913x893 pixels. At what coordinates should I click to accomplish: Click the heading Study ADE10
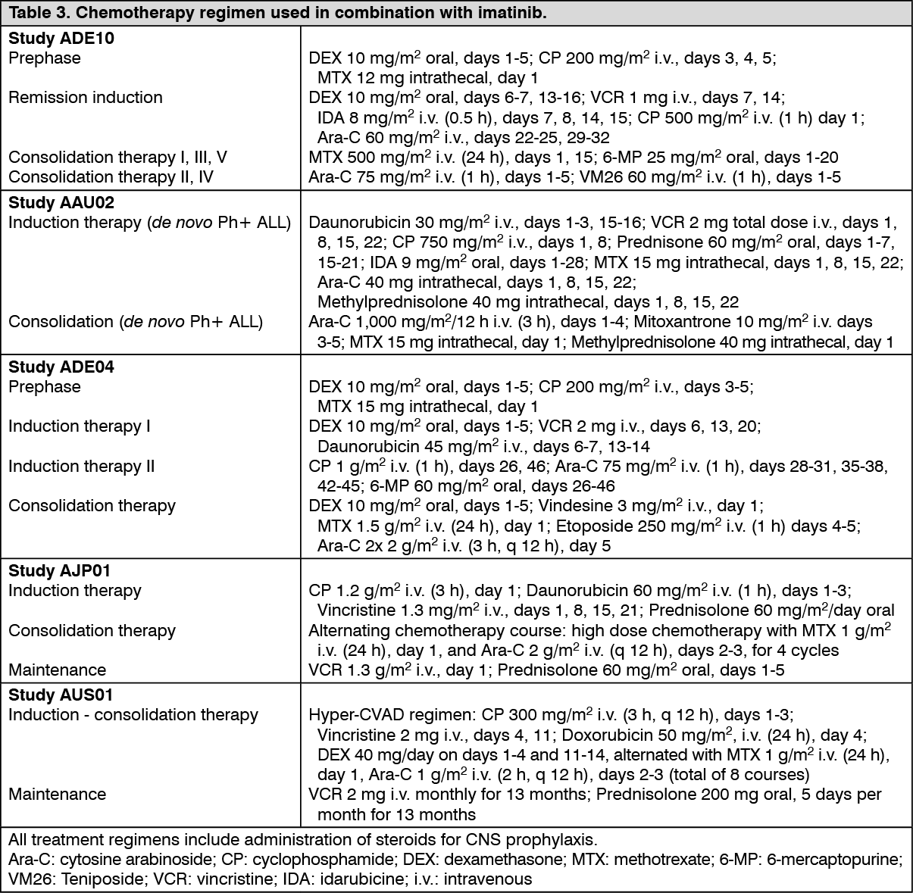point(61,38)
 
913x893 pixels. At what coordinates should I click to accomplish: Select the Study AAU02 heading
point(61,202)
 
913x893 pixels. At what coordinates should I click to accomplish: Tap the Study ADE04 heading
point(61,367)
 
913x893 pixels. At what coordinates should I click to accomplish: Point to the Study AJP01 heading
point(61,570)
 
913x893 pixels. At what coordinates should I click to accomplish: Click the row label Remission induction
point(86,98)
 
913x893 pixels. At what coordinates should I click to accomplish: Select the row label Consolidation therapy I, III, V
point(117,158)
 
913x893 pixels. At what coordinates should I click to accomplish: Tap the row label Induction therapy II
point(82,466)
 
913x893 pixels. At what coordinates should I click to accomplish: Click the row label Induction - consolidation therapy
point(133,715)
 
